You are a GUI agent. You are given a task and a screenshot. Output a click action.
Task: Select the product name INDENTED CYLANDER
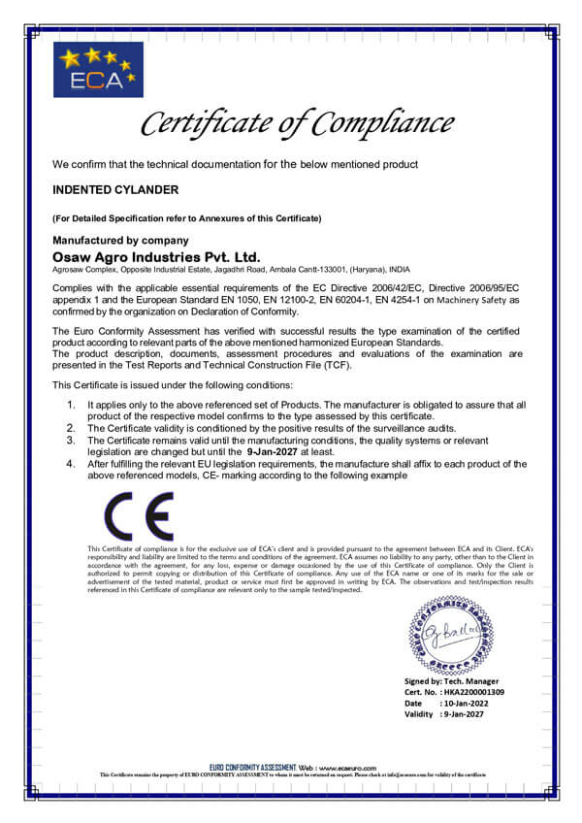click(x=115, y=190)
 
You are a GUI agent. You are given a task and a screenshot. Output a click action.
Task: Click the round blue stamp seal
click(x=450, y=636)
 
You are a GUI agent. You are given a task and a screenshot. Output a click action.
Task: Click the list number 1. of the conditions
click(x=71, y=403)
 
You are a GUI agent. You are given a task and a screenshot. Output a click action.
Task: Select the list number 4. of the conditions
click(x=71, y=464)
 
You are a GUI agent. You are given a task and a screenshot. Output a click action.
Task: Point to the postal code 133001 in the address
click(x=328, y=269)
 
